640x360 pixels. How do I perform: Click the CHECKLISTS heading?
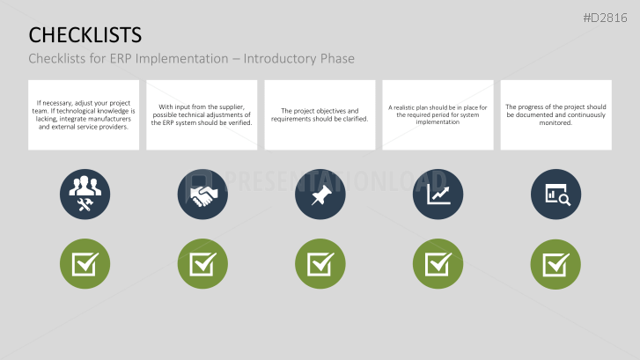(x=85, y=34)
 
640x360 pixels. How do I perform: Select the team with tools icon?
(x=85, y=195)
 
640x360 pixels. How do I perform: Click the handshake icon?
(x=202, y=195)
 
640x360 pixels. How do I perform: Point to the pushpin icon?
(x=320, y=195)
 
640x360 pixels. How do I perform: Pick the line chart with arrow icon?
(x=438, y=195)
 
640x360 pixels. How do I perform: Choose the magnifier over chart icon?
(x=555, y=195)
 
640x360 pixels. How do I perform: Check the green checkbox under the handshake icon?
(x=202, y=263)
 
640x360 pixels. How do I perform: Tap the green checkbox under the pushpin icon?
(x=320, y=263)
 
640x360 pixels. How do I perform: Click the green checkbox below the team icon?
(x=85, y=263)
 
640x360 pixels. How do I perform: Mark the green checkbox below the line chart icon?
(x=438, y=263)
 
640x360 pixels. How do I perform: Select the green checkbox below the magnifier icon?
(x=555, y=263)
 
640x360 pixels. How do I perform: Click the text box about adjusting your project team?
(x=85, y=115)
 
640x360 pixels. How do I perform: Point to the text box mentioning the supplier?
(x=202, y=115)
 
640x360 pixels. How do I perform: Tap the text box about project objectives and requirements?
(x=320, y=115)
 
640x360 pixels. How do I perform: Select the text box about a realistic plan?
(x=438, y=115)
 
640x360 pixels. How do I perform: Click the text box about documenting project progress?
(x=555, y=115)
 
